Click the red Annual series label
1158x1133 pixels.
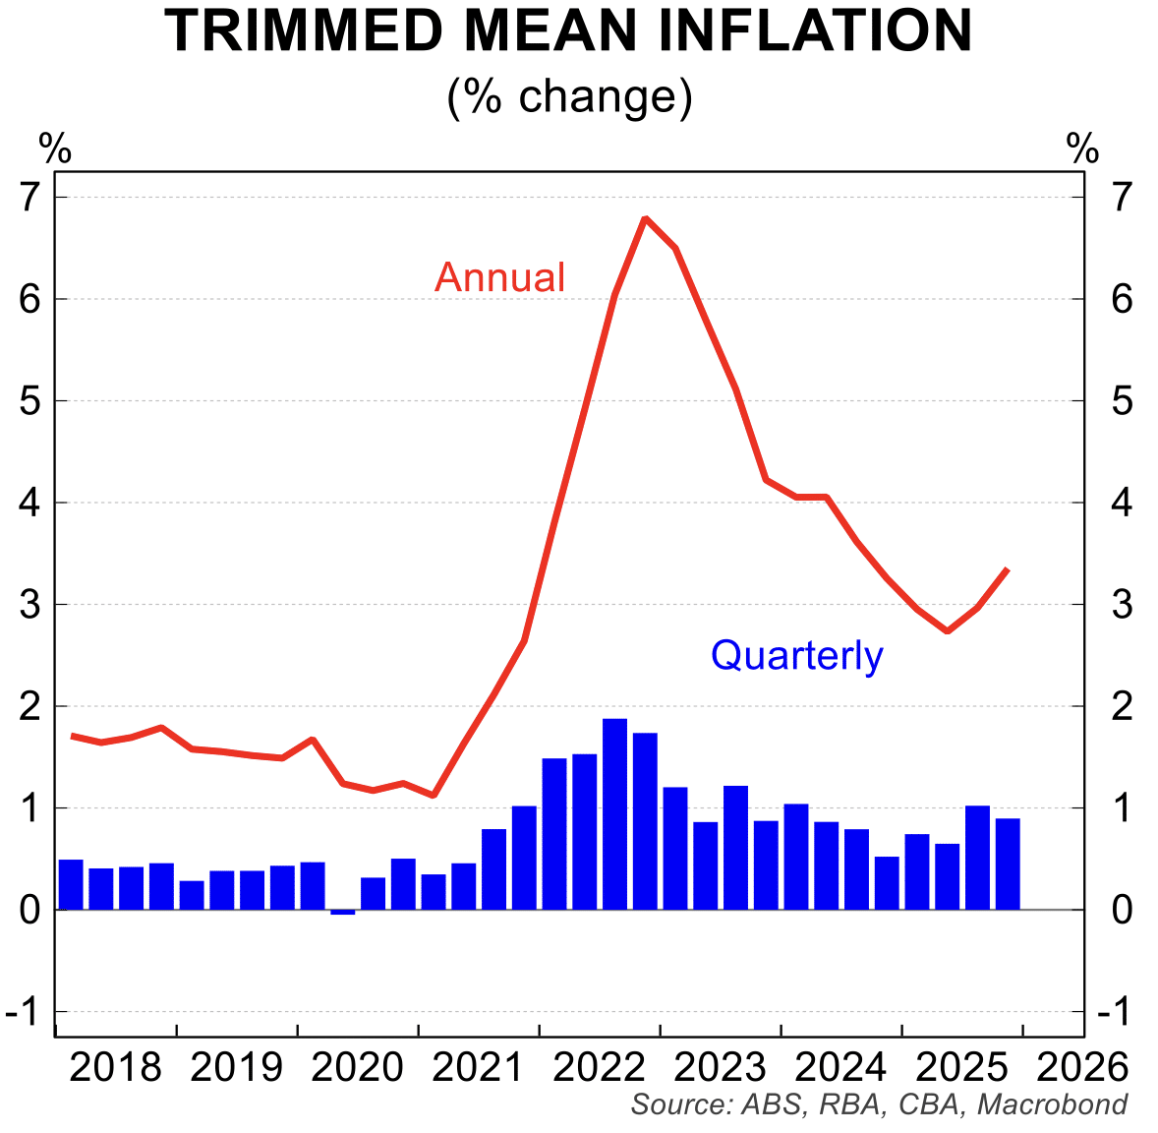click(x=500, y=277)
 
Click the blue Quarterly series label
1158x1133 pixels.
click(x=796, y=655)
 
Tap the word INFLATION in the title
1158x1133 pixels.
click(x=815, y=31)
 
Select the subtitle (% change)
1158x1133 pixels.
click(x=570, y=96)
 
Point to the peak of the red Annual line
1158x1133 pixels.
click(x=645, y=218)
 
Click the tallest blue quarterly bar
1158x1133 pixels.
click(x=615, y=813)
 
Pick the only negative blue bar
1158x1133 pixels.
click(x=343, y=912)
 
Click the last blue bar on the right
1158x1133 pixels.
click(x=1008, y=864)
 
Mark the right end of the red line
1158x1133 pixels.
click(x=1007, y=569)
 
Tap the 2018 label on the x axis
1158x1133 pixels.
click(x=116, y=1067)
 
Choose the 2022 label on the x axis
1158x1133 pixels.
click(x=600, y=1067)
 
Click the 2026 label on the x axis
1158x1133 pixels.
click(x=1083, y=1067)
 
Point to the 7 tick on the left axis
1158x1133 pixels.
click(x=29, y=198)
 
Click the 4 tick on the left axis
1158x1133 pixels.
click(x=29, y=503)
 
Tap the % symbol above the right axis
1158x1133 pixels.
click(x=1082, y=149)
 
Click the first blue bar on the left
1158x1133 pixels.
click(x=71, y=884)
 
